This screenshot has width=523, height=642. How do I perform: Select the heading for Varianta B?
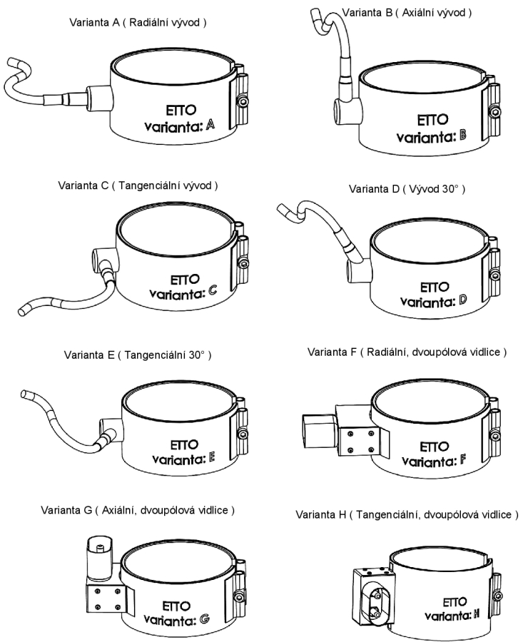pos(407,13)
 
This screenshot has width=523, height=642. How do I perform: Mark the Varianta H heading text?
pos(407,514)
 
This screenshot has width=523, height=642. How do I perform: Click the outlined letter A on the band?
pos(210,126)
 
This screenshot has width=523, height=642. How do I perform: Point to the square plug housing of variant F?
pos(316,433)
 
